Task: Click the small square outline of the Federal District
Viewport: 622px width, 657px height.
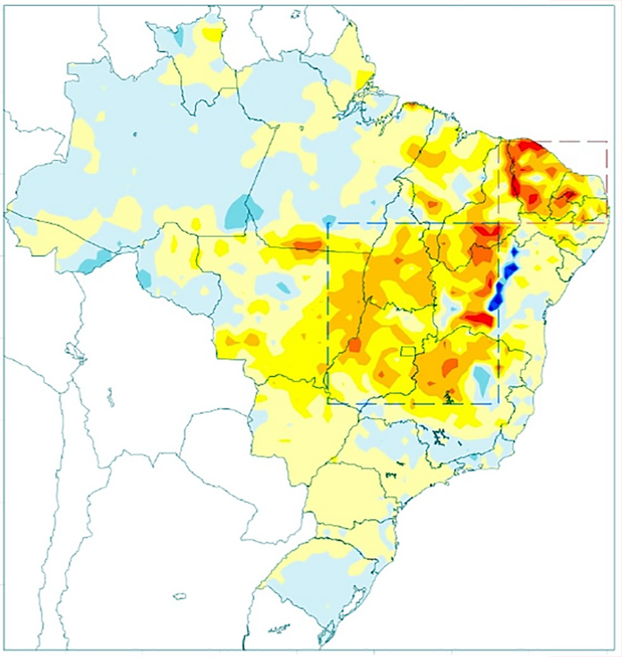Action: click(408, 351)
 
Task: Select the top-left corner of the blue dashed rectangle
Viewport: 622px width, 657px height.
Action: click(327, 223)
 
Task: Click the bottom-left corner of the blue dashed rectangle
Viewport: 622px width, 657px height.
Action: click(327, 403)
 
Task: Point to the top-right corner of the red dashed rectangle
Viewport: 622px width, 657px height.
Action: click(607, 142)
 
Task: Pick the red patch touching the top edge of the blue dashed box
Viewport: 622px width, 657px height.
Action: click(487, 230)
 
